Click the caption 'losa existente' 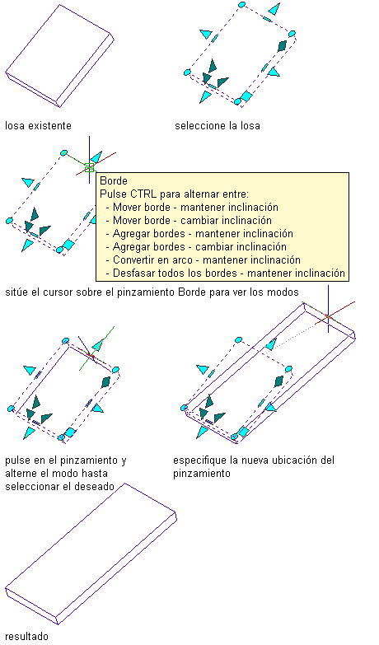pyautogui.click(x=38, y=125)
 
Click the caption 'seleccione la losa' pyautogui.click(x=218, y=125)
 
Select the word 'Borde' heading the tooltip pyautogui.click(x=114, y=180)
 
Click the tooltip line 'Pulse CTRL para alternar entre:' pyautogui.click(x=175, y=194)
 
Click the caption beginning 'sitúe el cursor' pyautogui.click(x=152, y=292)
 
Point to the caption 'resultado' pyautogui.click(x=26, y=637)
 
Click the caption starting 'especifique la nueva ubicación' pyautogui.click(x=254, y=466)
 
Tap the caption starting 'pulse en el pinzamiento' pyautogui.click(x=66, y=473)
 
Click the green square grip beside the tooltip pyautogui.click(x=89, y=168)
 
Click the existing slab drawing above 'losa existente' pyautogui.click(x=59, y=56)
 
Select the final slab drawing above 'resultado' pyautogui.click(x=91, y=554)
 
